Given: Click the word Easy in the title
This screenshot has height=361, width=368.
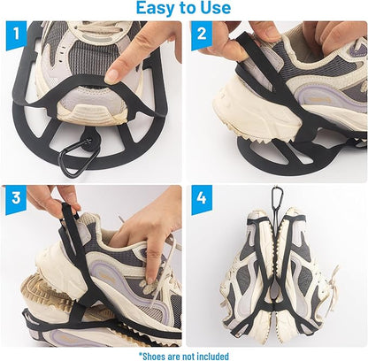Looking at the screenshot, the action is click(x=156, y=8).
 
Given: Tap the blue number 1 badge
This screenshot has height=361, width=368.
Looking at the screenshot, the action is click(x=16, y=34).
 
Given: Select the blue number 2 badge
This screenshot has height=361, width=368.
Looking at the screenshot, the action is click(x=202, y=35).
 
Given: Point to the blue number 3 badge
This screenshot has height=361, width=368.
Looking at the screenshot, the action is click(x=16, y=198).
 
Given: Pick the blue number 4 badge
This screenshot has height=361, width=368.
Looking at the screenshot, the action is click(x=202, y=198).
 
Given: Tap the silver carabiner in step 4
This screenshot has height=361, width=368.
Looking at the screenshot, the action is click(x=276, y=194).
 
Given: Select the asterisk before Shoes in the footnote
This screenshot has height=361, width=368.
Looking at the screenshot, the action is click(x=141, y=354).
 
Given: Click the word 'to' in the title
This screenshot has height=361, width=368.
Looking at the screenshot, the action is click(x=188, y=8).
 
